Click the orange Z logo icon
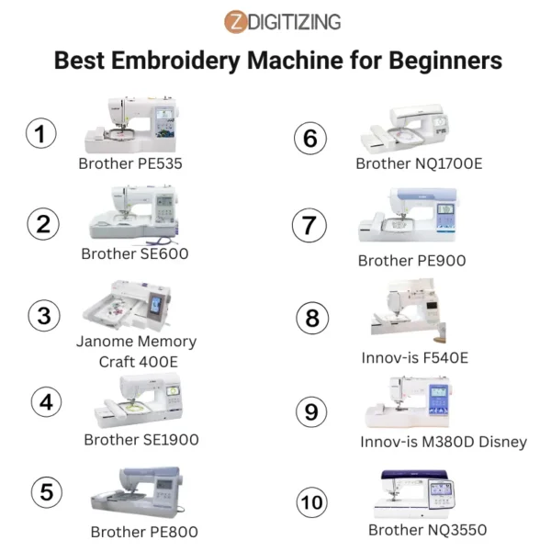point(236,20)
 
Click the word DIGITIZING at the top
point(294,20)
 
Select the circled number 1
point(39,135)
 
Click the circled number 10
point(312,502)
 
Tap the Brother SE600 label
point(135,253)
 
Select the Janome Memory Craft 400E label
point(136,351)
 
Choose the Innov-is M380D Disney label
point(444,442)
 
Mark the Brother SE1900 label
point(141,440)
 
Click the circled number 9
point(312,412)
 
